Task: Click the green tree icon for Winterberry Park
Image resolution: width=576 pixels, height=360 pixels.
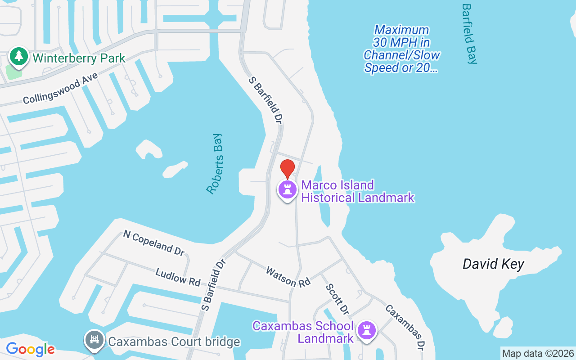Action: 18,56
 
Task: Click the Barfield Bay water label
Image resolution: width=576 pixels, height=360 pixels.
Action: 469,34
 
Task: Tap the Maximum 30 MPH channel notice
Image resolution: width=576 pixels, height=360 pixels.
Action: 401,49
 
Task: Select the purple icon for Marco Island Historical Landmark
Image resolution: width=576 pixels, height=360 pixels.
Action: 288,189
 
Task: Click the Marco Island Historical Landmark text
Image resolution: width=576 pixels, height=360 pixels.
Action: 357,191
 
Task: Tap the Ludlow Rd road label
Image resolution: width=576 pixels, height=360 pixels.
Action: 178,276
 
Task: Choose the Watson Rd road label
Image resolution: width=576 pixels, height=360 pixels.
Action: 288,277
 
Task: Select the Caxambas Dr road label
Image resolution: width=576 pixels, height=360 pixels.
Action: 405,327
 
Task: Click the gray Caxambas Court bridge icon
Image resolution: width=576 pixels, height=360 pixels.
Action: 94,340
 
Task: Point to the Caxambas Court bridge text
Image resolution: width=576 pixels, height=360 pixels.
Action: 174,342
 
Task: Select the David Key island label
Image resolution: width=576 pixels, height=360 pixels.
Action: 493,264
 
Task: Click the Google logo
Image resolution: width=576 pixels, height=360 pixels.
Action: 30,349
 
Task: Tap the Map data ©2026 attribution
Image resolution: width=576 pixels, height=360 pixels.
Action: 538,354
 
